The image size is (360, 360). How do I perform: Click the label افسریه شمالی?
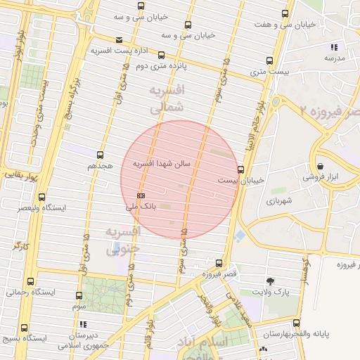coord(167,99)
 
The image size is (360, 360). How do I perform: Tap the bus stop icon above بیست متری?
coord(269,60)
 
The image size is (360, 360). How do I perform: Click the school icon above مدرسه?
coord(333,47)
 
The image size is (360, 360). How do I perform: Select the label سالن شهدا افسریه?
coord(167,163)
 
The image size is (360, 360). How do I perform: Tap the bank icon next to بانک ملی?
coord(141,195)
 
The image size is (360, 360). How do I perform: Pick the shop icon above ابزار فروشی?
coord(320,166)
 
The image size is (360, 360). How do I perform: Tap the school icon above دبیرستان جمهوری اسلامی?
coord(83,324)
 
